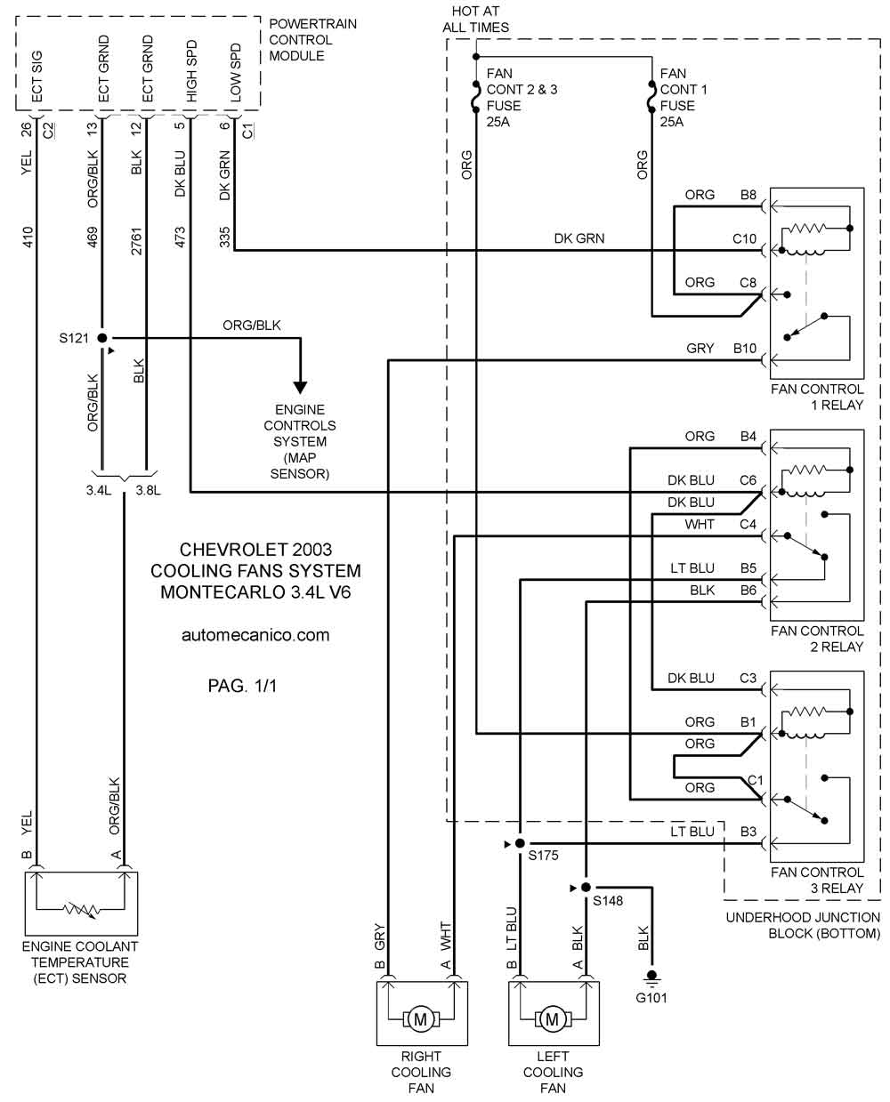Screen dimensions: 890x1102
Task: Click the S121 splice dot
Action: [102, 338]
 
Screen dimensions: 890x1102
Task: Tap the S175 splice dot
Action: [520, 844]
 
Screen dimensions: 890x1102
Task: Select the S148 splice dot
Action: [586, 888]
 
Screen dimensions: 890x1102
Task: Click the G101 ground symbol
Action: [651, 976]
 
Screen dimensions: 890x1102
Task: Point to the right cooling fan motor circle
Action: [420, 1020]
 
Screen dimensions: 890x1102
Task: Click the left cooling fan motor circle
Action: [552, 1020]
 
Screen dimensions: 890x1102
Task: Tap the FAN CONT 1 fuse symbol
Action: [651, 96]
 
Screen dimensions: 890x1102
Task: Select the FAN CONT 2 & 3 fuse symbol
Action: [476, 96]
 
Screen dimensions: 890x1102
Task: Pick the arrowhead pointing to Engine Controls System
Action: [300, 388]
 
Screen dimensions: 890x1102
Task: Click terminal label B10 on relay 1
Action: [745, 348]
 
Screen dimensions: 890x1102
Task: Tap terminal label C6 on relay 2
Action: [748, 480]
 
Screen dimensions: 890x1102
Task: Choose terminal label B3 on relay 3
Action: [748, 832]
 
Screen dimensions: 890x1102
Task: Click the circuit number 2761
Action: [136, 241]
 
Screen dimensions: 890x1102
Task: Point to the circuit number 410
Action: [28, 237]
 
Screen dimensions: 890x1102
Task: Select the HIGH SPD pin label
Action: [191, 71]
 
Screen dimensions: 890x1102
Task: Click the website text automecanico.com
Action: [255, 635]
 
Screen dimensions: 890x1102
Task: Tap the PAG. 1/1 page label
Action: [242, 686]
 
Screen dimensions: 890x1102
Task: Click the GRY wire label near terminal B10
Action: [700, 348]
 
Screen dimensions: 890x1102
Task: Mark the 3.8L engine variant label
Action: [148, 490]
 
